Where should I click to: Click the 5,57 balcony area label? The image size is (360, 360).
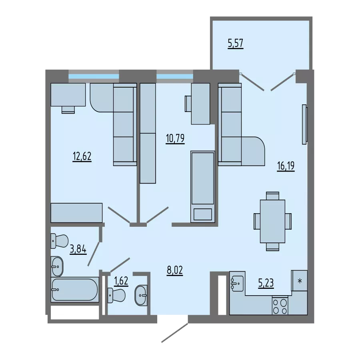click(x=236, y=44)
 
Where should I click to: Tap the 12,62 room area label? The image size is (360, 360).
click(x=82, y=156)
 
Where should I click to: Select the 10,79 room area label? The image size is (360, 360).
click(x=175, y=139)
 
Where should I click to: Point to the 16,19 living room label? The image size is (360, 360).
click(x=286, y=166)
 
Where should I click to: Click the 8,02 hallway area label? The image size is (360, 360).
click(x=175, y=270)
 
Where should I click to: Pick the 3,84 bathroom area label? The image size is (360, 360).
click(x=78, y=249)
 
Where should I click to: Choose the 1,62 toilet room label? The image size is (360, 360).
click(x=121, y=281)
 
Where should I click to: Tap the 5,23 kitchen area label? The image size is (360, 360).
click(x=266, y=283)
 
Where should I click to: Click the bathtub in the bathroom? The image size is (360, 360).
click(x=75, y=290)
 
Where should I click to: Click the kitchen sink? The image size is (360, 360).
click(x=237, y=283)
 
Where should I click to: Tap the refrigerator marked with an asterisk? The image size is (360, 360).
click(x=299, y=280)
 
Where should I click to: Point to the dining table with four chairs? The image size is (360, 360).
click(x=272, y=221)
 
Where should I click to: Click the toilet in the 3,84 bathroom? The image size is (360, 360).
click(x=60, y=241)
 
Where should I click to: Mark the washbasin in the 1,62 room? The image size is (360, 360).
click(x=141, y=295)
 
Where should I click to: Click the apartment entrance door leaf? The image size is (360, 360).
click(x=175, y=333)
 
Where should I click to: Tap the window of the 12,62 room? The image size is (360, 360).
click(x=94, y=76)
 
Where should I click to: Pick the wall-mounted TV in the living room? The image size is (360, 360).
click(x=304, y=124)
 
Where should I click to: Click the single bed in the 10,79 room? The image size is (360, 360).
click(x=203, y=187)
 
